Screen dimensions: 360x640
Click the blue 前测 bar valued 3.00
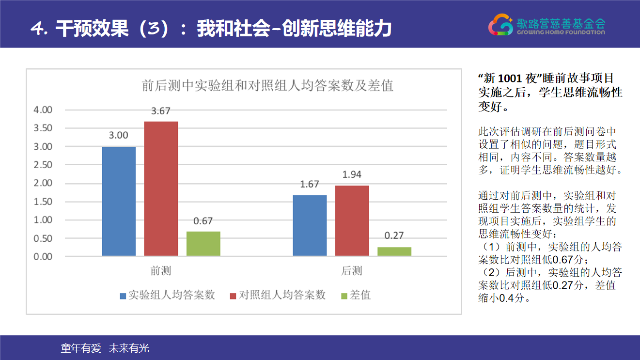(119, 201)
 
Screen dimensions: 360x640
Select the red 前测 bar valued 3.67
(161, 188)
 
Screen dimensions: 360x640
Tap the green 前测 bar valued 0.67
(203, 244)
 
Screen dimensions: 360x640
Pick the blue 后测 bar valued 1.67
(310, 225)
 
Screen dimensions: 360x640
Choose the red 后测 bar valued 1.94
(352, 220)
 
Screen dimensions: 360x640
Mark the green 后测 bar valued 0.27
(394, 251)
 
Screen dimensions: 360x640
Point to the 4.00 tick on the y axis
(43, 110)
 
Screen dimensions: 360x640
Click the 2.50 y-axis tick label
(43, 165)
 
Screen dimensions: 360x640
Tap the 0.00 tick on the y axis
(43, 257)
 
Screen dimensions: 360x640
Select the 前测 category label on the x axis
(161, 271)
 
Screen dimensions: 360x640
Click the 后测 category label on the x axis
(352, 271)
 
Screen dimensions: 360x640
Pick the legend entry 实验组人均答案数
(167, 295)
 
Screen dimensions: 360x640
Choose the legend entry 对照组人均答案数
(278, 295)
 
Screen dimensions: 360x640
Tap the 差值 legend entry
(356, 295)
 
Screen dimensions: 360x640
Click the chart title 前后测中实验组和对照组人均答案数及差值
(267, 85)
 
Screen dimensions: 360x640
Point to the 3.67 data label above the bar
(161, 111)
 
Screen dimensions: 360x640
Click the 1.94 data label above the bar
(352, 175)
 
